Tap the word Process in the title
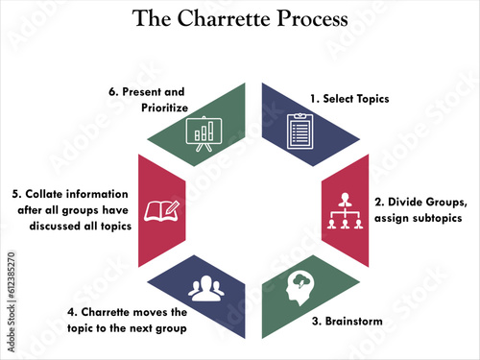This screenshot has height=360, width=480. [312, 18]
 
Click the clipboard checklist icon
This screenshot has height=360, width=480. [300, 132]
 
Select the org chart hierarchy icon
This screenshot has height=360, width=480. [345, 210]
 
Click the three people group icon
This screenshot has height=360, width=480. [206, 288]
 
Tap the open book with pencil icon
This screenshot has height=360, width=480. [162, 211]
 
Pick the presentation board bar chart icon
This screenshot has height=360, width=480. [204, 133]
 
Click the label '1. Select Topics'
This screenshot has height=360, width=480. [349, 99]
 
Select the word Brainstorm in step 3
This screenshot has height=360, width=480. [354, 321]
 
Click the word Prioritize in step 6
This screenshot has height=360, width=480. [164, 108]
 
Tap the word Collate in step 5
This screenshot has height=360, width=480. [44, 194]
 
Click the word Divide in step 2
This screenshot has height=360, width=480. [405, 202]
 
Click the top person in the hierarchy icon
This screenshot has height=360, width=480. [345, 199]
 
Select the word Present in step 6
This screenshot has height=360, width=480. [142, 92]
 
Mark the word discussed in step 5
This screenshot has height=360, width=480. [55, 226]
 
